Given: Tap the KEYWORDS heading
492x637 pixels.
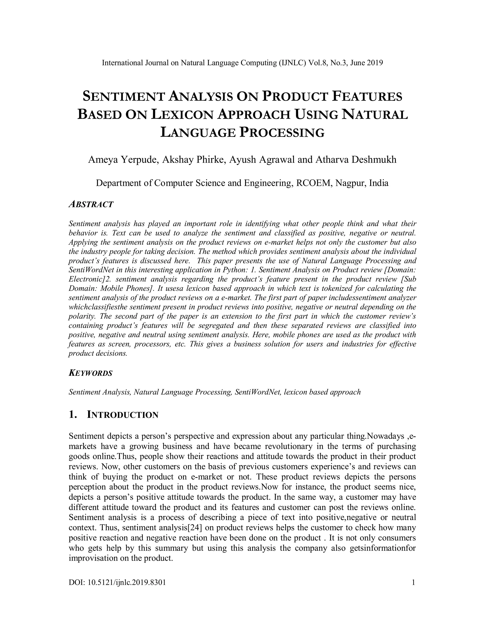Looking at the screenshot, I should point(90,373).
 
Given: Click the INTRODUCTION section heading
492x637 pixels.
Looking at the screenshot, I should point(123,415).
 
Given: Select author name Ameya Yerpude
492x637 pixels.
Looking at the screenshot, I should point(123,160).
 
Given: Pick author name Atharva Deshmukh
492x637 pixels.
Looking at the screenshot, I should point(355,160).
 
